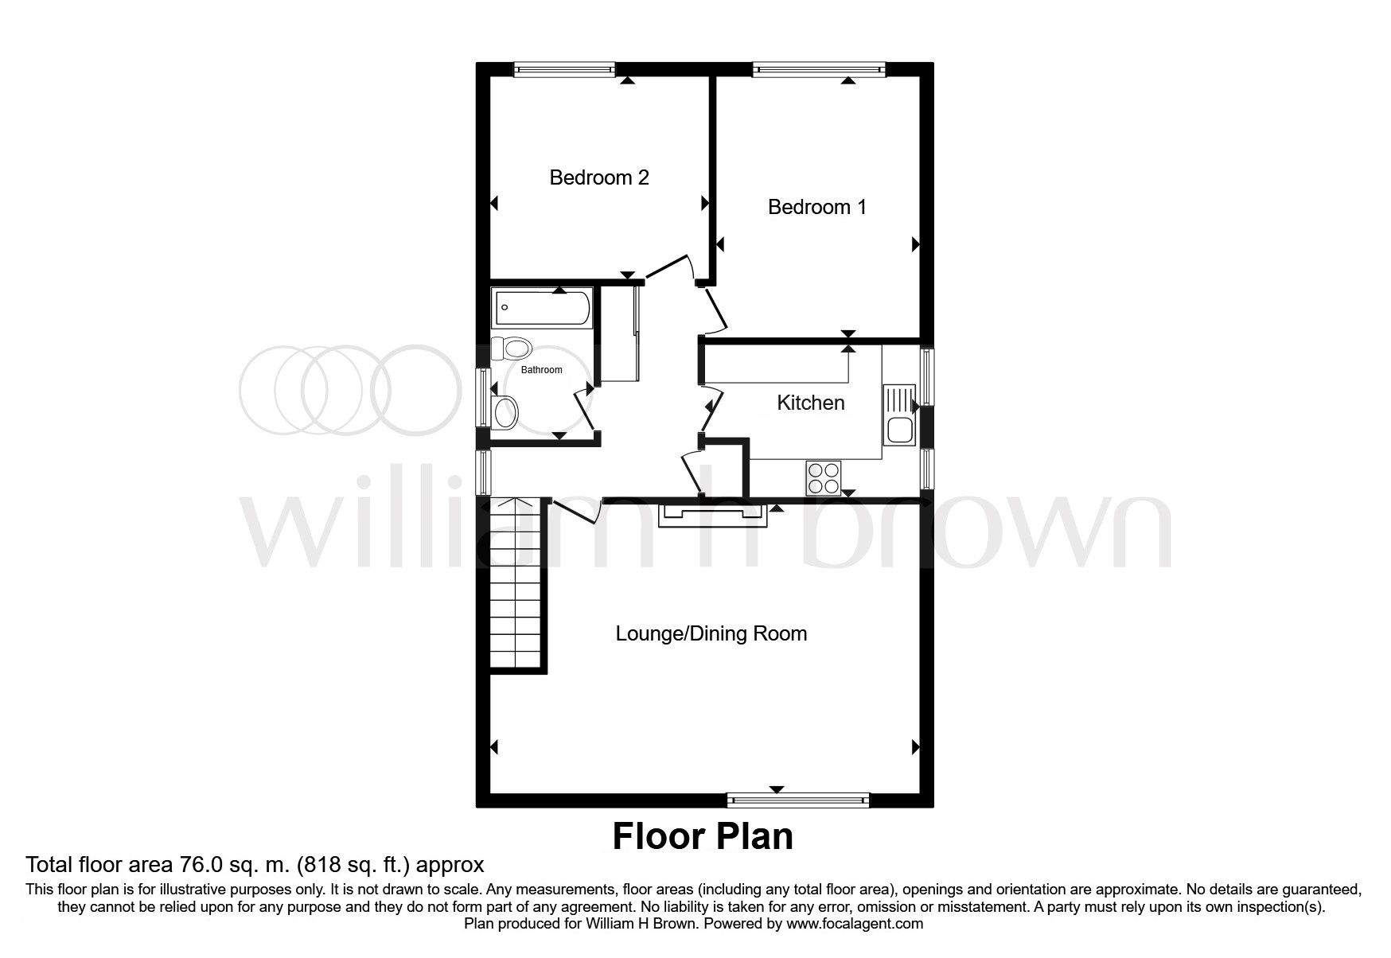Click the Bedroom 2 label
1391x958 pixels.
[599, 177]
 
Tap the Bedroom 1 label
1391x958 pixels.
[817, 207]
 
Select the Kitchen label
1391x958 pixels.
[811, 403]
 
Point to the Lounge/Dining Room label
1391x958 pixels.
[711, 633]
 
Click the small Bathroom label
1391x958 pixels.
[541, 370]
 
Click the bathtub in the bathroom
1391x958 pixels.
[542, 308]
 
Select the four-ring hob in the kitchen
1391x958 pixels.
[824, 478]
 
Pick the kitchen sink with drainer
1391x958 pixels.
[900, 415]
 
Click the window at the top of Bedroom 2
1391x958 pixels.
[565, 70]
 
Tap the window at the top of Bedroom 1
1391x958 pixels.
[820, 70]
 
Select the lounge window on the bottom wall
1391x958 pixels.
[798, 800]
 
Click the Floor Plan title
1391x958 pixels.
[703, 836]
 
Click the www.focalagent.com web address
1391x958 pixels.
[855, 924]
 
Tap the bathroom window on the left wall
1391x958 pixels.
[482, 395]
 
